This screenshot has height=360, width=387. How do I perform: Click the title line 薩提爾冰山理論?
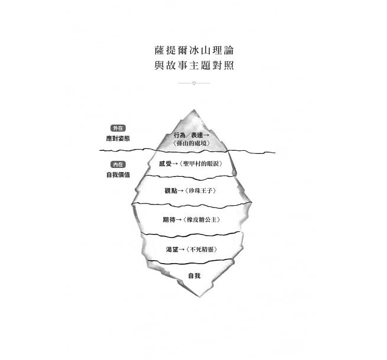coord(194,50)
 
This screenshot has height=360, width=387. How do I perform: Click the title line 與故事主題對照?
coord(194,66)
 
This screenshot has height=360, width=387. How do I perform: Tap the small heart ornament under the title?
coord(194,83)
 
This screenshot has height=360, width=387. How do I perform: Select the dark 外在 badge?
coord(118,128)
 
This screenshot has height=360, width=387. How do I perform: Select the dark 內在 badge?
coord(118,164)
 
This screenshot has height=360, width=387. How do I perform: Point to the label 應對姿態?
coord(118,138)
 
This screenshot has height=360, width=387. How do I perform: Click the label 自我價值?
coord(118,175)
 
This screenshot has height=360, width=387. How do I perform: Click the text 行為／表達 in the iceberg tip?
coord(188,135)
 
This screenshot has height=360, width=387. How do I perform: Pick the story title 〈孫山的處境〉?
coord(191,143)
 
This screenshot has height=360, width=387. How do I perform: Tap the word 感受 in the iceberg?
coord(165,164)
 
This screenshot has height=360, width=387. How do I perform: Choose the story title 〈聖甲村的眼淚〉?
coord(201,164)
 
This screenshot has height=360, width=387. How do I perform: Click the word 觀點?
coord(171,190)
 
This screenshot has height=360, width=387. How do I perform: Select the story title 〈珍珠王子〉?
coord(200,190)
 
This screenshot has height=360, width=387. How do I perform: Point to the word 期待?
coord(169,219)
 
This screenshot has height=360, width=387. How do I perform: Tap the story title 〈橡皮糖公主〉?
coord(201,219)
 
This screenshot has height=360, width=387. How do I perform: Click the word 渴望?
coord(172,249)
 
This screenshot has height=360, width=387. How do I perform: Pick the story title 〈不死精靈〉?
coord(201,249)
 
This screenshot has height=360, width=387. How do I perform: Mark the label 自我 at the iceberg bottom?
coord(194,276)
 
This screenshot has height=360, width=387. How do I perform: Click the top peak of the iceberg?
coord(194,110)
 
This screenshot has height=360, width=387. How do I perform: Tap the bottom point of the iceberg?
coord(199,296)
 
